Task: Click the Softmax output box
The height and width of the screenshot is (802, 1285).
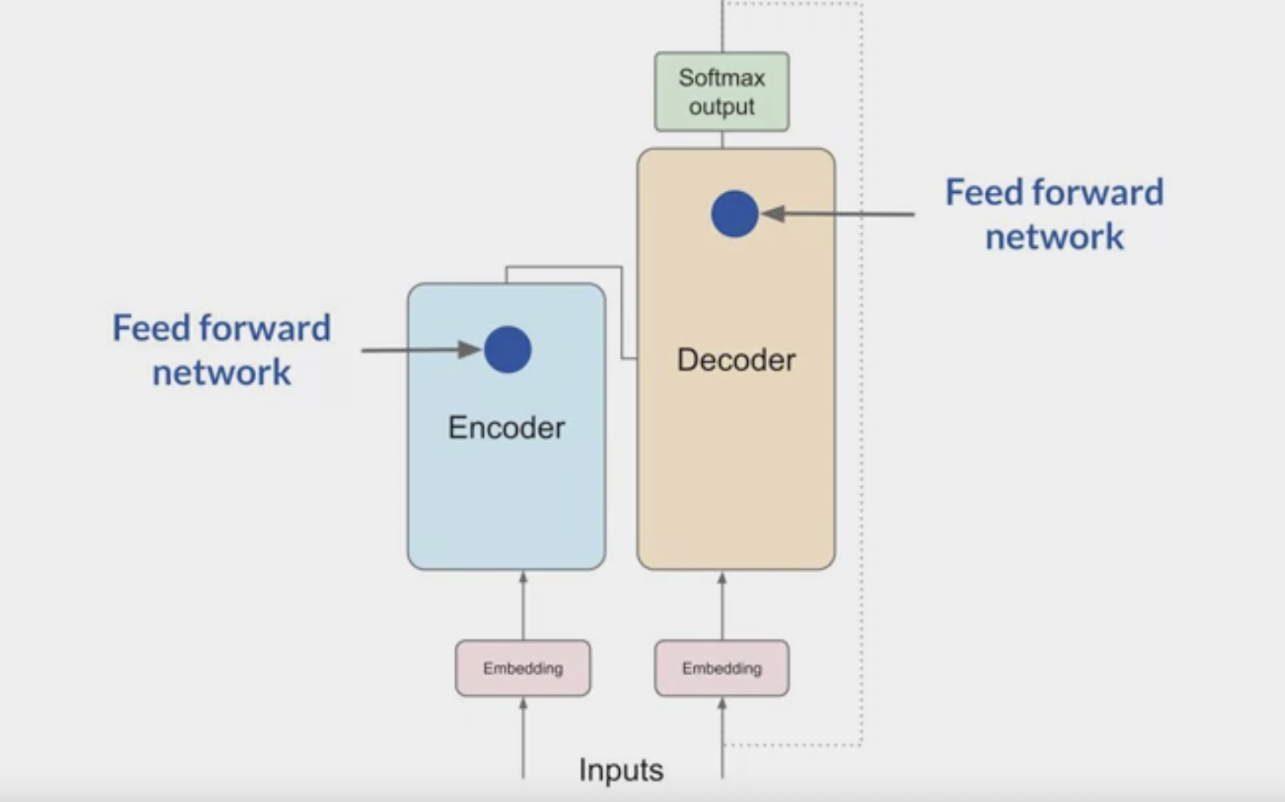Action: pyautogui.click(x=722, y=92)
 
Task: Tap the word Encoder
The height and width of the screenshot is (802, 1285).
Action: pyautogui.click(x=506, y=427)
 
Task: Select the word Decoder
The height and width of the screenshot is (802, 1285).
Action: pyautogui.click(x=736, y=360)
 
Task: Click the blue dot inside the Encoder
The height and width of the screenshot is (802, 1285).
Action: pyautogui.click(x=507, y=350)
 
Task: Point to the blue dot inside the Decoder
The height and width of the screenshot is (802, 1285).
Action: pyautogui.click(x=734, y=214)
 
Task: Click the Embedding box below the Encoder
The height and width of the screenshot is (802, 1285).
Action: pyautogui.click(x=523, y=668)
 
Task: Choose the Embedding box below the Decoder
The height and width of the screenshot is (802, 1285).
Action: pyautogui.click(x=722, y=668)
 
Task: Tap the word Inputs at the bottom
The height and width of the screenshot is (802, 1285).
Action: pyautogui.click(x=621, y=770)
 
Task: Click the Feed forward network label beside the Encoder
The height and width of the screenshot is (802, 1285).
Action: pyautogui.click(x=222, y=350)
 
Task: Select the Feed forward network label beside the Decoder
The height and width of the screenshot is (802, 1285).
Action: pyautogui.click(x=1054, y=214)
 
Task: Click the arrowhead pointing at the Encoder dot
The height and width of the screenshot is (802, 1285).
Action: pyautogui.click(x=469, y=350)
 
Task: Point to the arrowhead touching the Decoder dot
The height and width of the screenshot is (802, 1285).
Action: pyautogui.click(x=773, y=214)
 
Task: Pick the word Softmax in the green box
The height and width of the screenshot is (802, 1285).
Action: pyautogui.click(x=722, y=77)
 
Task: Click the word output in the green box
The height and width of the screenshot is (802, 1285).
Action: pyautogui.click(x=722, y=106)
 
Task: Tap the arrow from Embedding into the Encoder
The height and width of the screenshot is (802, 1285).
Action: pyautogui.click(x=524, y=606)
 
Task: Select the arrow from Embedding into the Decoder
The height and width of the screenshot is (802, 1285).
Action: pyautogui.click(x=722, y=606)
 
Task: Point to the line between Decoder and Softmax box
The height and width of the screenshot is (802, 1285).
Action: pyautogui.click(x=723, y=140)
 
